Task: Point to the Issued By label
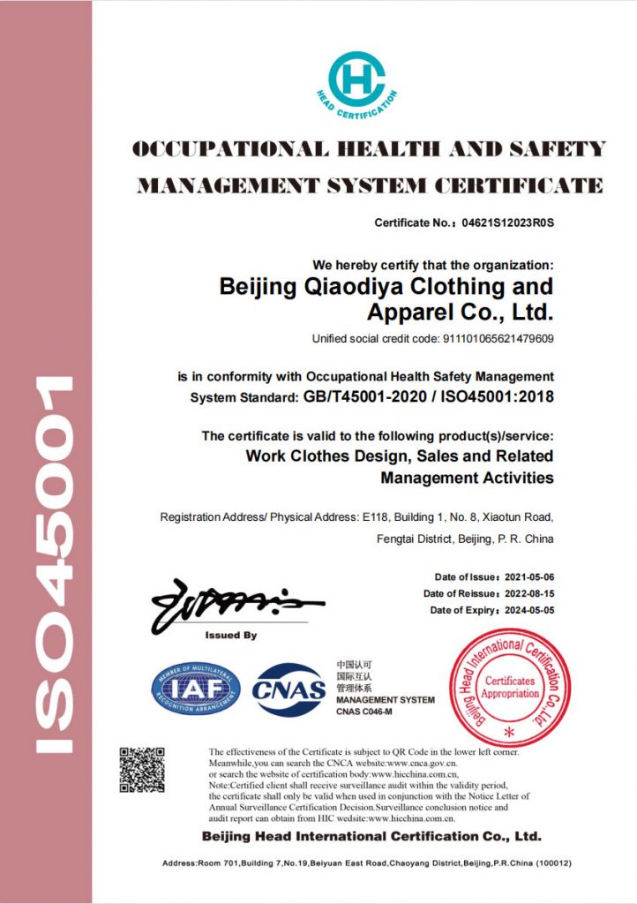(x=230, y=636)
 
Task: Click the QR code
(x=142, y=770)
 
